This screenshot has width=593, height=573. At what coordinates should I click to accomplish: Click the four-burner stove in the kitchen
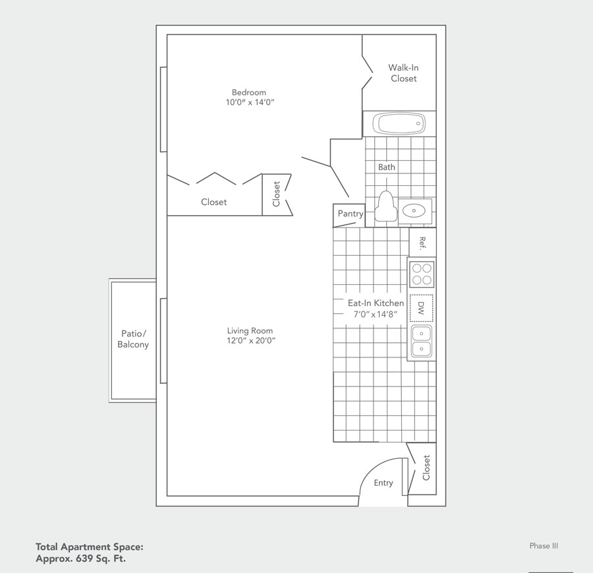tap(422, 274)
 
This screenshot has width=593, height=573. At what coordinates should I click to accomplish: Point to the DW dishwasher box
tap(422, 307)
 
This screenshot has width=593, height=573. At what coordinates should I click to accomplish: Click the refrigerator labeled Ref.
tap(422, 243)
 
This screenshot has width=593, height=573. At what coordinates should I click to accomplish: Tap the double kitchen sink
tap(422, 342)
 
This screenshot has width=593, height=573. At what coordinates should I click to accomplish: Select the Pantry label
tap(350, 214)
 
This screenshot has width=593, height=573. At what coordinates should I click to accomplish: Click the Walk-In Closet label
tap(403, 73)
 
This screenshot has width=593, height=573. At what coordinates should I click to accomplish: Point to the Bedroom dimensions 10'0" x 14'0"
tap(248, 103)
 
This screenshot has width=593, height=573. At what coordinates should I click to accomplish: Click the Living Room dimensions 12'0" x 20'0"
tap(250, 341)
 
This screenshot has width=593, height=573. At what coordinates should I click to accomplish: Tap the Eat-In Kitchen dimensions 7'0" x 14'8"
tap(376, 314)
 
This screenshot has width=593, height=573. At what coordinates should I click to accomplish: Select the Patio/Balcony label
tap(133, 339)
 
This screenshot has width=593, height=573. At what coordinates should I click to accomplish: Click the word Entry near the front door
tap(383, 483)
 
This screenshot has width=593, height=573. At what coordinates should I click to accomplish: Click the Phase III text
tap(544, 545)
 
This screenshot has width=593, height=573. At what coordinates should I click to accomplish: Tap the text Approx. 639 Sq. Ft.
tap(80, 558)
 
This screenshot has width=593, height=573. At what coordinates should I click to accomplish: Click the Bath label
tap(387, 167)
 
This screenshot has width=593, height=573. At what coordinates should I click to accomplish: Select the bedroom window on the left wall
tap(163, 109)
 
